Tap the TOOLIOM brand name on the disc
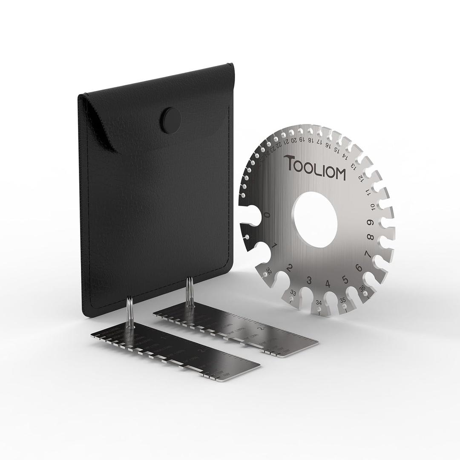click(315, 167)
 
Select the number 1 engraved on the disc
click(275, 245)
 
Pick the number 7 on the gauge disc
click(367, 254)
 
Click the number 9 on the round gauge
click(371, 222)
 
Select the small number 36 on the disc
click(362, 288)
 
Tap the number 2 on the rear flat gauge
click(262, 328)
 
